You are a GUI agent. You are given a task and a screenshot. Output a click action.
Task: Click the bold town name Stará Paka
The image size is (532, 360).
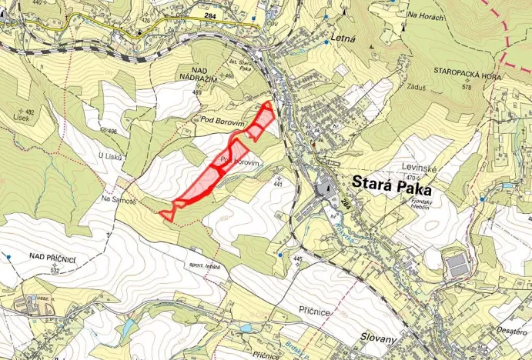click(x=392, y=185)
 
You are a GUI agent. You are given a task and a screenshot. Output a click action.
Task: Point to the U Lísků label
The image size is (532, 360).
click(x=111, y=156)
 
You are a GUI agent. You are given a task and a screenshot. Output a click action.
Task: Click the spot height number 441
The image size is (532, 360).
click(x=278, y=185)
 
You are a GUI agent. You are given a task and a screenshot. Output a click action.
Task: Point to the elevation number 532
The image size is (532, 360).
click(x=55, y=271)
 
